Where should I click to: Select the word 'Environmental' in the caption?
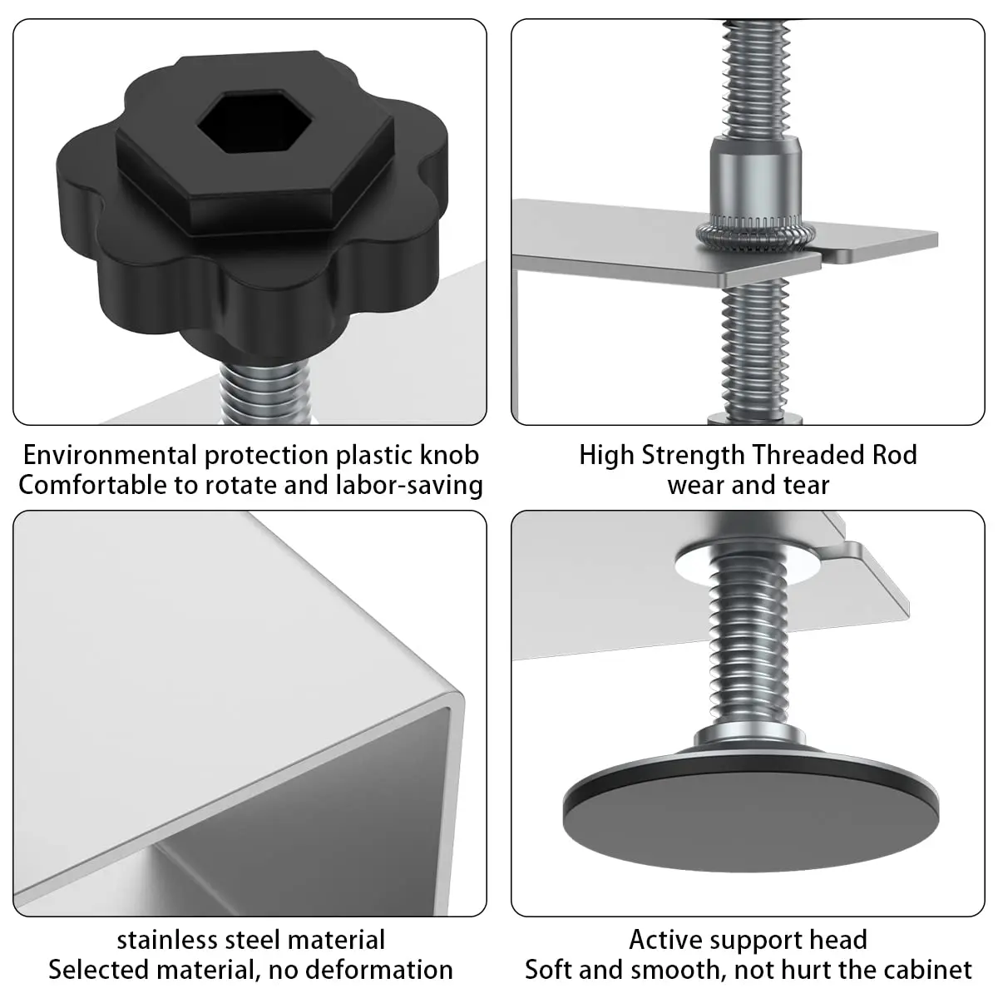pyautogui.click(x=111, y=456)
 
